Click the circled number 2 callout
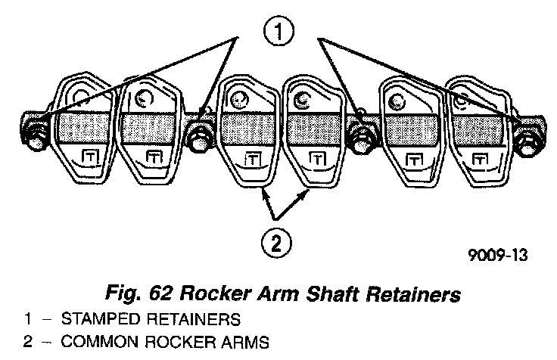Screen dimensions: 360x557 pos(276,242)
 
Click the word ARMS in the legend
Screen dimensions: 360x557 pos(245,342)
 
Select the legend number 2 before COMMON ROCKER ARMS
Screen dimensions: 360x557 pos(26,342)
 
